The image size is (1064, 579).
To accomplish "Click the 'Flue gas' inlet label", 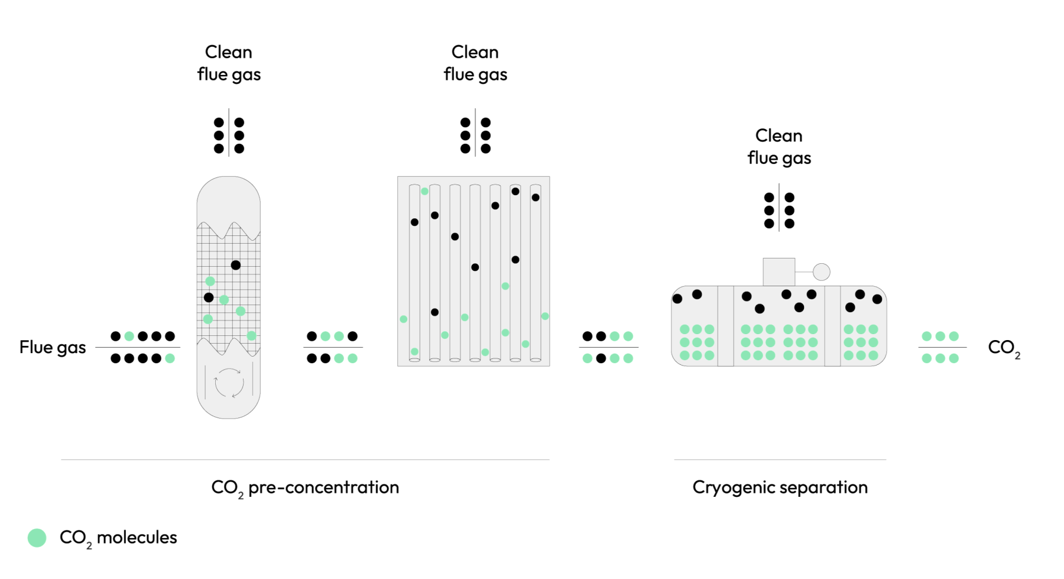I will (53, 347).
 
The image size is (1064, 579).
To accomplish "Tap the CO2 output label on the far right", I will (1003, 348).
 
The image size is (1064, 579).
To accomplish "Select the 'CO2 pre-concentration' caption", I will (305, 488).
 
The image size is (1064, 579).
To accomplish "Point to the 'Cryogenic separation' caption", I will (780, 487).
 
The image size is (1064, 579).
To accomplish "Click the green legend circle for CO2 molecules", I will (37, 538).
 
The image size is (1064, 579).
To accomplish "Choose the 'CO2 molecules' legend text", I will (118, 538).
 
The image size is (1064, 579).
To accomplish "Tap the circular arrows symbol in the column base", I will (229, 383).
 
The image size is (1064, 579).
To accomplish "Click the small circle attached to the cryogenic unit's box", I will (822, 272).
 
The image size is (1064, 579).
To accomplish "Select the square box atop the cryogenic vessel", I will (778, 272).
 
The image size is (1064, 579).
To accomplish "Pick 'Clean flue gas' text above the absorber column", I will (229, 63).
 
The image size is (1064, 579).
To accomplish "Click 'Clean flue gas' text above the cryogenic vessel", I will (779, 147).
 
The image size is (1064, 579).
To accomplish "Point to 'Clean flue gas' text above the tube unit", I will (475, 63).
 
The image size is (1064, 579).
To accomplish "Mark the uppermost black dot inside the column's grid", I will (236, 265).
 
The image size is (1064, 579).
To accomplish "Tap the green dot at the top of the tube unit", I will (424, 191).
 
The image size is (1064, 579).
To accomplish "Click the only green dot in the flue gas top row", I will (129, 337).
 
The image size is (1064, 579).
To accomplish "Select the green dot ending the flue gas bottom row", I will (170, 358).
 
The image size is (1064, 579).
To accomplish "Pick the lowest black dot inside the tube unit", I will (434, 312).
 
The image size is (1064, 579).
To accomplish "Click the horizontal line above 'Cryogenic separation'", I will (780, 460).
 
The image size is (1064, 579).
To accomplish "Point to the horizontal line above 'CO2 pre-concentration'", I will (305, 460).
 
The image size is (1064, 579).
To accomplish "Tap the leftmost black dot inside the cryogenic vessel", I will (677, 299).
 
